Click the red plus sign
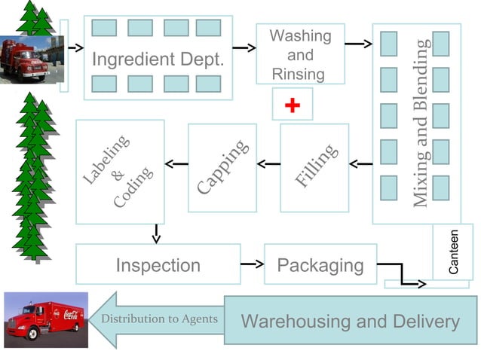click(293, 105)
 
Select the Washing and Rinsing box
click(300, 54)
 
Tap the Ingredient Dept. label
click(158, 59)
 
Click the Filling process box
click(314, 167)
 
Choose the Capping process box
click(222, 167)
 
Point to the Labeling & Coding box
click(120, 172)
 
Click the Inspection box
click(158, 264)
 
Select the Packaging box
click(320, 264)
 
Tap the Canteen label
click(452, 252)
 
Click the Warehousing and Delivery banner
click(351, 322)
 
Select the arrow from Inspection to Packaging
click(252, 264)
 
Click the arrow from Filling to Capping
click(268, 163)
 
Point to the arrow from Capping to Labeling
click(176, 163)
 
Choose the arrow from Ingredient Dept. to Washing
click(244, 47)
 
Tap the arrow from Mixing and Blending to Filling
click(360, 163)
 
